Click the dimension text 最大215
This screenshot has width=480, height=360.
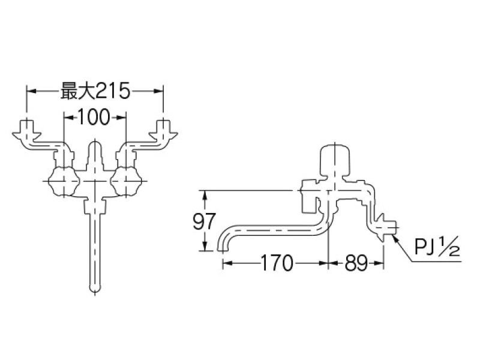[95, 91]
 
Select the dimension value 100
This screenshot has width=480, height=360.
[94, 118]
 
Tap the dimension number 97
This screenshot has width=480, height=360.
[205, 221]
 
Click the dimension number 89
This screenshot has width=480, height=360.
[356, 263]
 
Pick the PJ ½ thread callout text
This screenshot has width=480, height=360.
[436, 247]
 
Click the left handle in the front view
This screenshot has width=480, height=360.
[62, 179]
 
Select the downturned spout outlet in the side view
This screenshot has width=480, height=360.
[223, 244]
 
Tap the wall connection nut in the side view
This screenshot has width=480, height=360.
[385, 229]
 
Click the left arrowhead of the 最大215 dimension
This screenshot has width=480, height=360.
[31, 91]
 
